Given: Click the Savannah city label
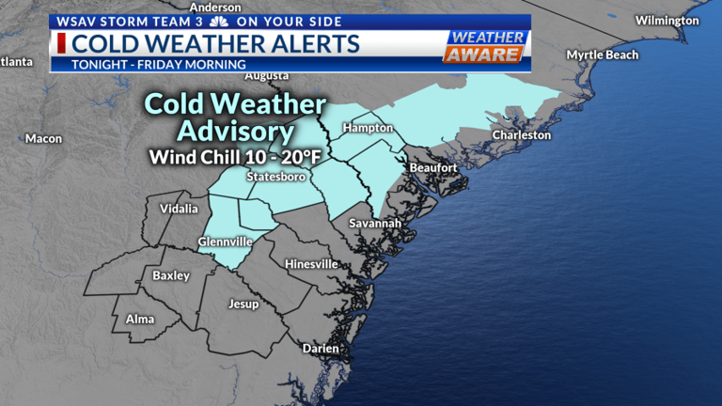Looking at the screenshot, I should tap(375, 224).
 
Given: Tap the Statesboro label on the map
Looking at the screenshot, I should tap(275, 177).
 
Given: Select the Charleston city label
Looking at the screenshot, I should tap(522, 135).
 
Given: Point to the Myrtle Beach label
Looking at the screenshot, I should tap(602, 55).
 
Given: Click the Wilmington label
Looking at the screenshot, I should tap(667, 21).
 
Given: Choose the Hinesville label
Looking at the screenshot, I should tap(311, 264).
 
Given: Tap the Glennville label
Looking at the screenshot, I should tap(225, 242).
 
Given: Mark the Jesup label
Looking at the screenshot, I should tap(244, 304).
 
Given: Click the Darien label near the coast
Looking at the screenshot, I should tap(321, 349).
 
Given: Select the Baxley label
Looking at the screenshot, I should tap(171, 276).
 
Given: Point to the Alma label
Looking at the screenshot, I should tap(140, 320).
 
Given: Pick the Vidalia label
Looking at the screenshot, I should tap(180, 209).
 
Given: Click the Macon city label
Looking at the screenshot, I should tap(43, 139).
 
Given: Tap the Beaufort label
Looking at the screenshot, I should tap(433, 168).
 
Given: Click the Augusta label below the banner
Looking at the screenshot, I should tap(266, 76).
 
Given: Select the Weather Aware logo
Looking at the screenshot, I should tap(484, 47).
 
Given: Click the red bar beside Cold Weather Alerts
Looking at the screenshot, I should tap(61, 43).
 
